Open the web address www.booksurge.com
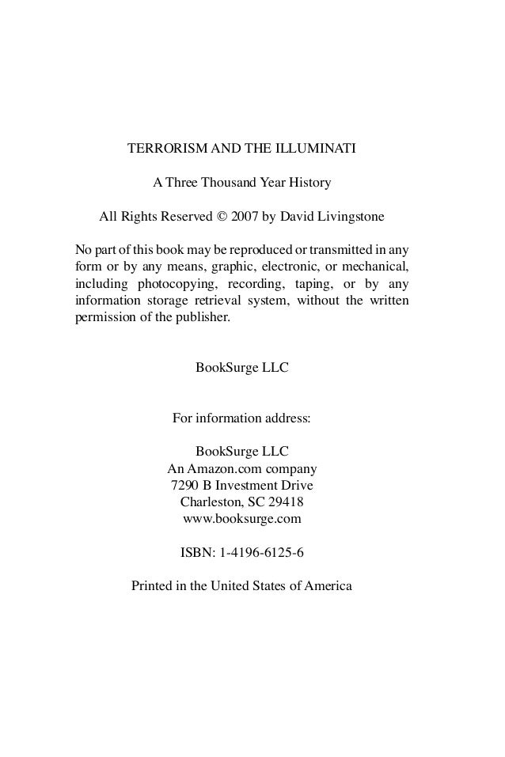242,519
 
